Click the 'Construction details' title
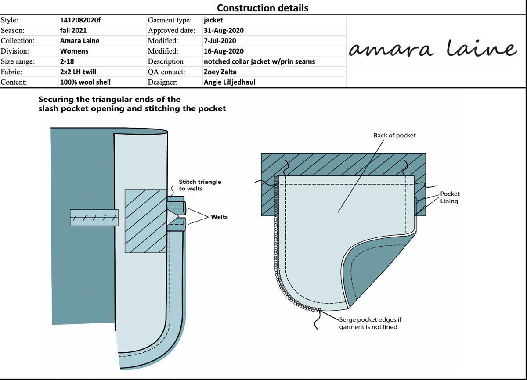263,8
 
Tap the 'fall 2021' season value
73,30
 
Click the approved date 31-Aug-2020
224,30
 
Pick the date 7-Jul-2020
220,41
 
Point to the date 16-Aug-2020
224,51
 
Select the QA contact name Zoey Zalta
220,72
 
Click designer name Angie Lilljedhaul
229,82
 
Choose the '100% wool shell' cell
85,82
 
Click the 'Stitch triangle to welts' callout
200,185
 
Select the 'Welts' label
219,217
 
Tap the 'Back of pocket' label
394,135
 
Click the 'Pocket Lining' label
450,197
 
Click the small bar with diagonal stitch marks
94,217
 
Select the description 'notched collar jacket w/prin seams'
259,61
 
